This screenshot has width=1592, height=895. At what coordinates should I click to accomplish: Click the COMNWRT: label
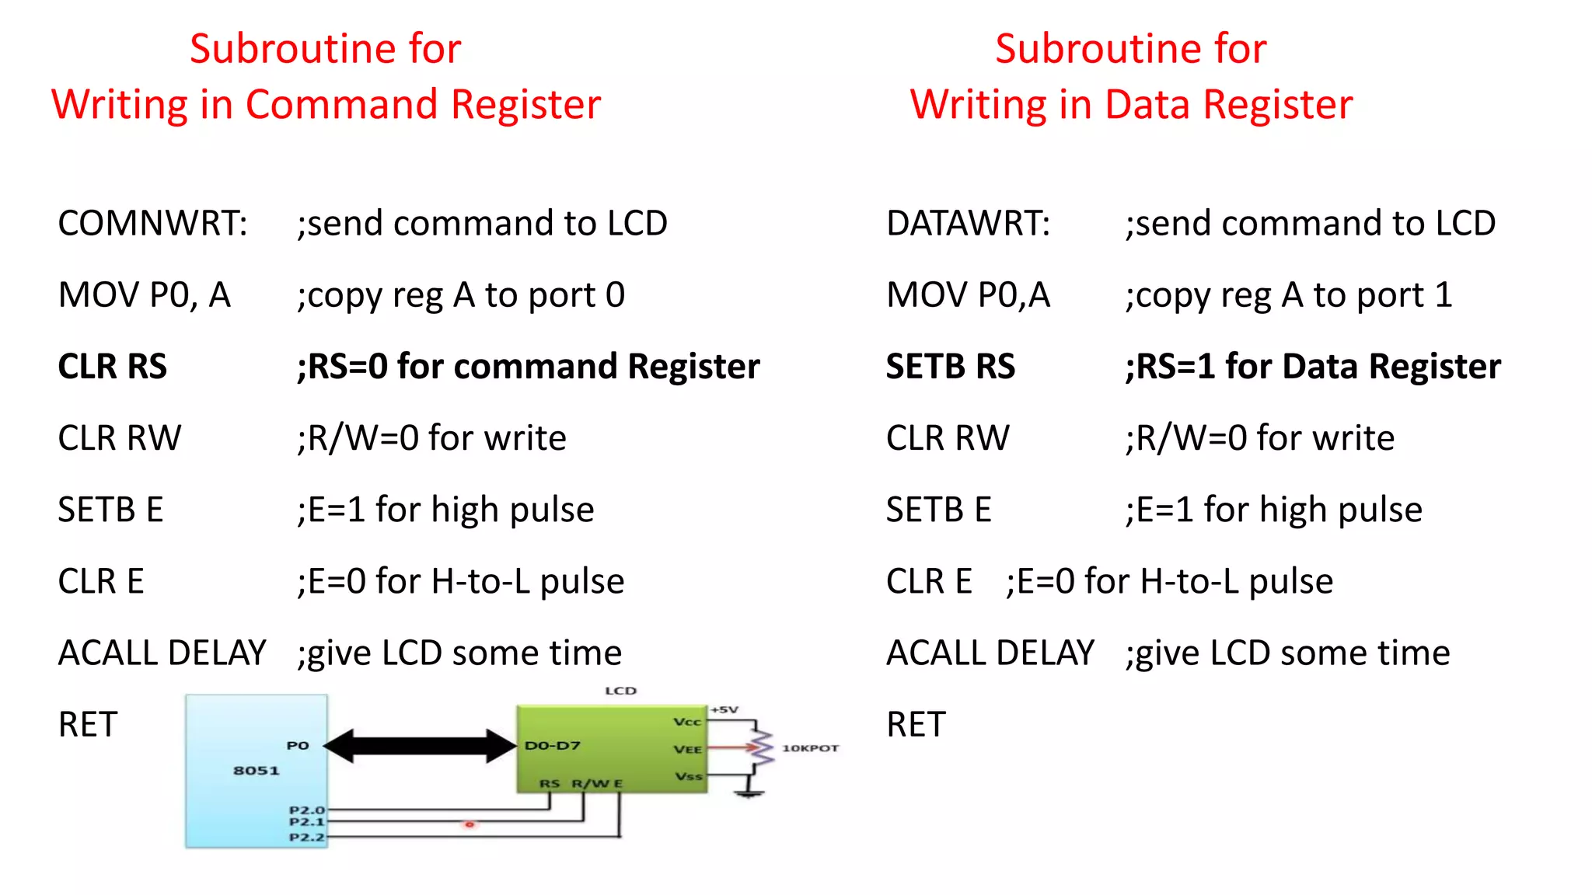pos(152,224)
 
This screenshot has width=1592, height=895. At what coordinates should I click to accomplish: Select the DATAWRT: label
pos(968,224)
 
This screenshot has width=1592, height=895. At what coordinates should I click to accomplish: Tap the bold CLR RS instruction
pos(112,367)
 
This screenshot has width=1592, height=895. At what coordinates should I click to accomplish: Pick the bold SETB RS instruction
pos(950,367)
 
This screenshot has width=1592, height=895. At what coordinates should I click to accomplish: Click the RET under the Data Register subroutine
pos(916,725)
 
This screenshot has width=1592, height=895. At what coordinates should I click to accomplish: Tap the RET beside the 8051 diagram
pos(88,725)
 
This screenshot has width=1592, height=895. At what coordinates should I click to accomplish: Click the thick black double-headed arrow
pos(420,746)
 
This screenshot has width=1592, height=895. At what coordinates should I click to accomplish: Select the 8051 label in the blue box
pos(256,771)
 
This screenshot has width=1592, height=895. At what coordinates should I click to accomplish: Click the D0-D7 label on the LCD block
pos(552,746)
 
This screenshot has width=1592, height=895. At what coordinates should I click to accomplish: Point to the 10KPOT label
pos(810,748)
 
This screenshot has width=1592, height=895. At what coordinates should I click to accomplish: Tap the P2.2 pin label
pos(306,838)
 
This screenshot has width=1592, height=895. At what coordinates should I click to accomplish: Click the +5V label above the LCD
pos(724,709)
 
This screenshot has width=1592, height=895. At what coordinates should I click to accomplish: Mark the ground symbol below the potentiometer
pos(749,792)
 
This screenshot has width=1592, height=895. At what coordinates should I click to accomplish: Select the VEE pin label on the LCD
pos(687,750)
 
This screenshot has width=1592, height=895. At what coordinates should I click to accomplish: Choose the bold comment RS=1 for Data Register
pos(1313,367)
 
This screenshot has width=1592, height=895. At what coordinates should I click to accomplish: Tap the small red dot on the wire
pos(470,824)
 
